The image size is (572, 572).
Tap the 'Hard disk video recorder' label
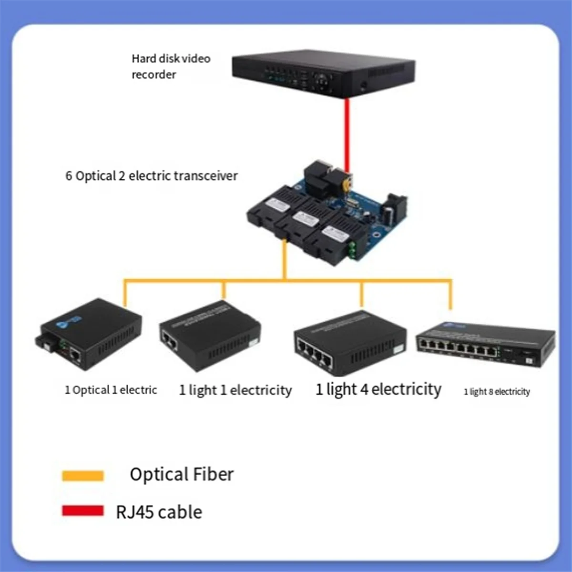pyautogui.click(x=171, y=66)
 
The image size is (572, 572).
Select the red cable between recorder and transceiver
pyautogui.click(x=348, y=133)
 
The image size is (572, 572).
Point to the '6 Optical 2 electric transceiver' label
pyautogui.click(x=151, y=176)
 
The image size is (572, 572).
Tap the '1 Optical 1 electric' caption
pyautogui.click(x=111, y=390)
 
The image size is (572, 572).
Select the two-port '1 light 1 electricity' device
pyautogui.click(x=210, y=337)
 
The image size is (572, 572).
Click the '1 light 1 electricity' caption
pyautogui.click(x=235, y=390)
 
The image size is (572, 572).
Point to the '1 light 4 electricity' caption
pyautogui.click(x=378, y=389)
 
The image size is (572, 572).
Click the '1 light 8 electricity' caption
pyautogui.click(x=497, y=392)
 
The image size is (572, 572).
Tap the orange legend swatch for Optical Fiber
pyautogui.click(x=83, y=475)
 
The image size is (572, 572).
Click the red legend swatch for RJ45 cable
pyautogui.click(x=83, y=511)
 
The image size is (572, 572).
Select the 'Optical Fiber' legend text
pyautogui.click(x=182, y=475)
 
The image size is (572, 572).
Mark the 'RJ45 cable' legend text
pyautogui.click(x=159, y=512)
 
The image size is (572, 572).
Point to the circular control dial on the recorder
pyautogui.click(x=324, y=78)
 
